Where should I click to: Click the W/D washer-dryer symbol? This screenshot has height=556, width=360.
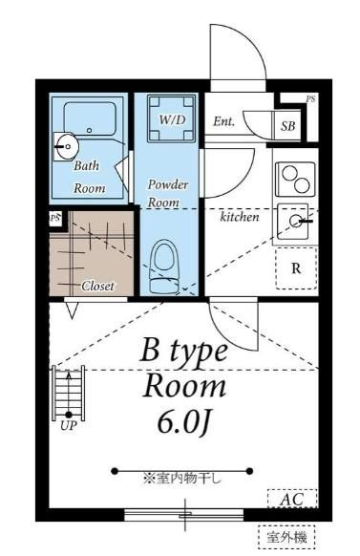point(172,118)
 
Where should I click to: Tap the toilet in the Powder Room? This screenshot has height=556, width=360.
point(163,267)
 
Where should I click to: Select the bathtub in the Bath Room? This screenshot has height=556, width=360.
point(90,118)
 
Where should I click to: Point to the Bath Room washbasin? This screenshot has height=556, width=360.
point(65,146)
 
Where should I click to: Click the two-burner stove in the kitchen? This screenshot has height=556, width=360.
point(295,179)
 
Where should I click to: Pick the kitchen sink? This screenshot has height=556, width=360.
point(293,222)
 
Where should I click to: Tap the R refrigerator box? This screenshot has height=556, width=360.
point(296,268)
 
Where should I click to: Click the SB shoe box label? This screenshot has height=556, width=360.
point(287,126)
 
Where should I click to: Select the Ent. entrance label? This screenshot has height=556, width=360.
point(223,121)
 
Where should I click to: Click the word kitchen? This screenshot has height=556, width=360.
point(240,216)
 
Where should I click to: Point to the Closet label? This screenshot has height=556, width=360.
point(97,286)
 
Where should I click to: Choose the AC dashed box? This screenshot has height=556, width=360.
point(292,499)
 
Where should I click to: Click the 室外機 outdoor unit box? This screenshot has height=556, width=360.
point(286,538)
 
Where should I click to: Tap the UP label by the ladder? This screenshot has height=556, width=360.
point(68,425)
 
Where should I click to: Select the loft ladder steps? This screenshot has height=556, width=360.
point(69,393)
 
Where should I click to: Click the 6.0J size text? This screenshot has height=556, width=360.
point(184,423)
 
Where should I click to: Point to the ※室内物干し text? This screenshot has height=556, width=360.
point(182,479)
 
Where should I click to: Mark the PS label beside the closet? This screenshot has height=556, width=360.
point(55,218)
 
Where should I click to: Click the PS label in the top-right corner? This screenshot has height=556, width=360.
point(310,99)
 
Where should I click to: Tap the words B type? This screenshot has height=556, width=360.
point(184,351)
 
